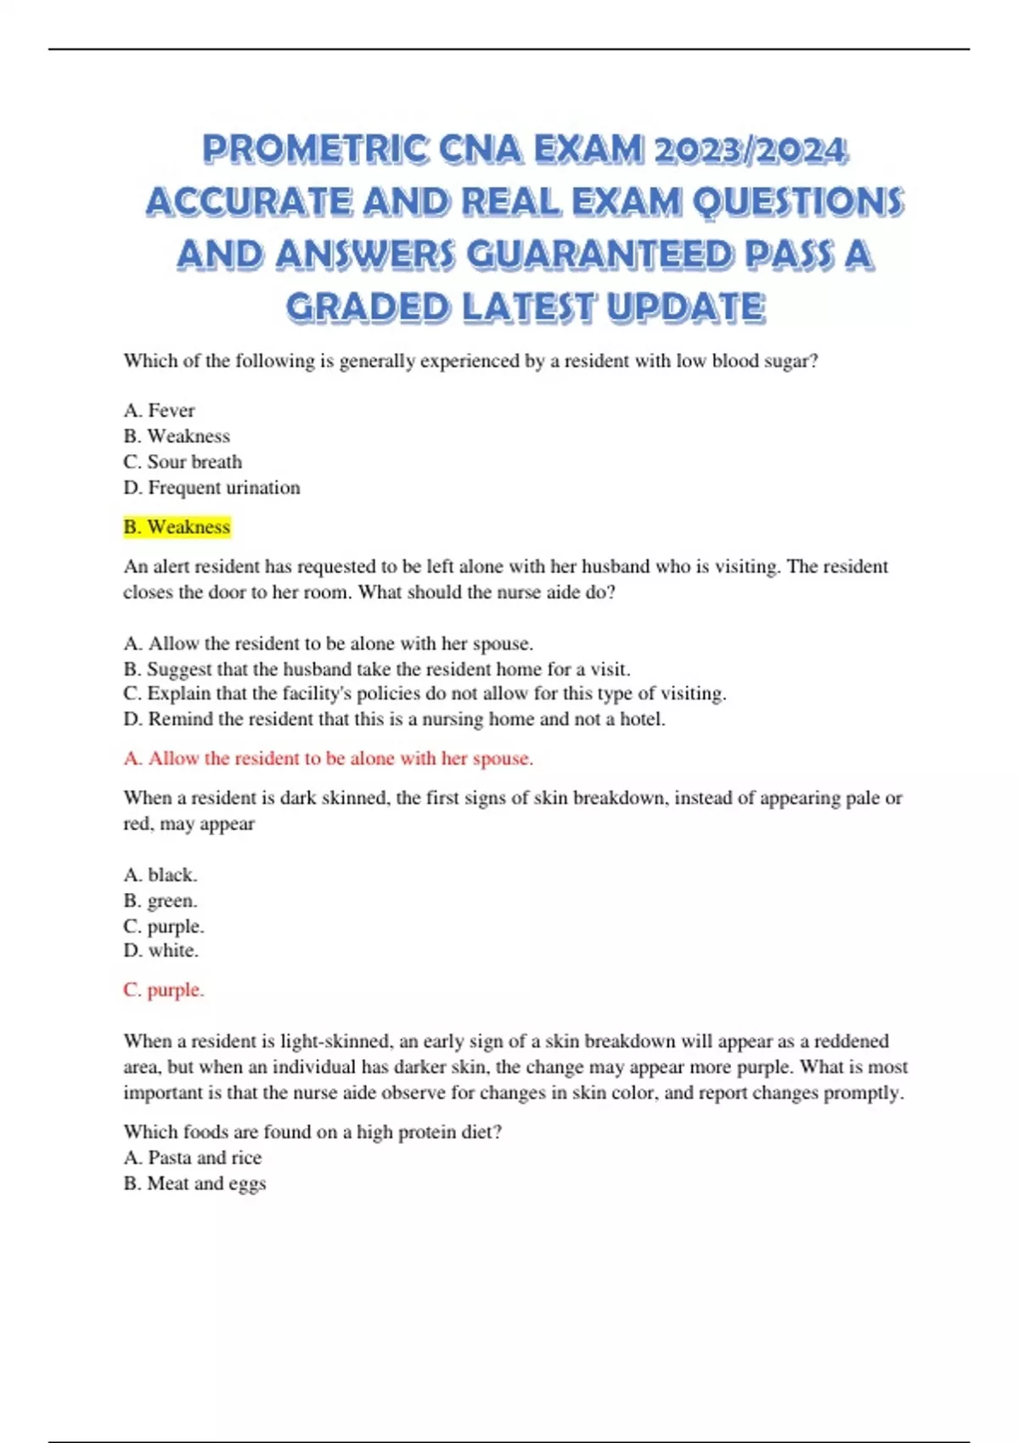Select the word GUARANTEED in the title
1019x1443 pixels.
tap(600, 255)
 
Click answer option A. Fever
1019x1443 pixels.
tap(159, 411)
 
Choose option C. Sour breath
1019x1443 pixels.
tap(183, 462)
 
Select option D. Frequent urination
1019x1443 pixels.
tap(211, 487)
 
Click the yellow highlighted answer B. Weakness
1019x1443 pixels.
tap(177, 527)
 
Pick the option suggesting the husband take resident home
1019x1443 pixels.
tap(377, 669)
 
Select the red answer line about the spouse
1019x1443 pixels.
tap(329, 758)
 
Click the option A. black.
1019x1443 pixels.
tap(160, 874)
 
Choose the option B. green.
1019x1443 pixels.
tap(160, 901)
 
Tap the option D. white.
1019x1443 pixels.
tap(160, 951)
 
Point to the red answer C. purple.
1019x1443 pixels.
tap(164, 990)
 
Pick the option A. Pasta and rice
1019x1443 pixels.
tap(193, 1158)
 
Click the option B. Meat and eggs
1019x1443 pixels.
tap(194, 1183)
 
